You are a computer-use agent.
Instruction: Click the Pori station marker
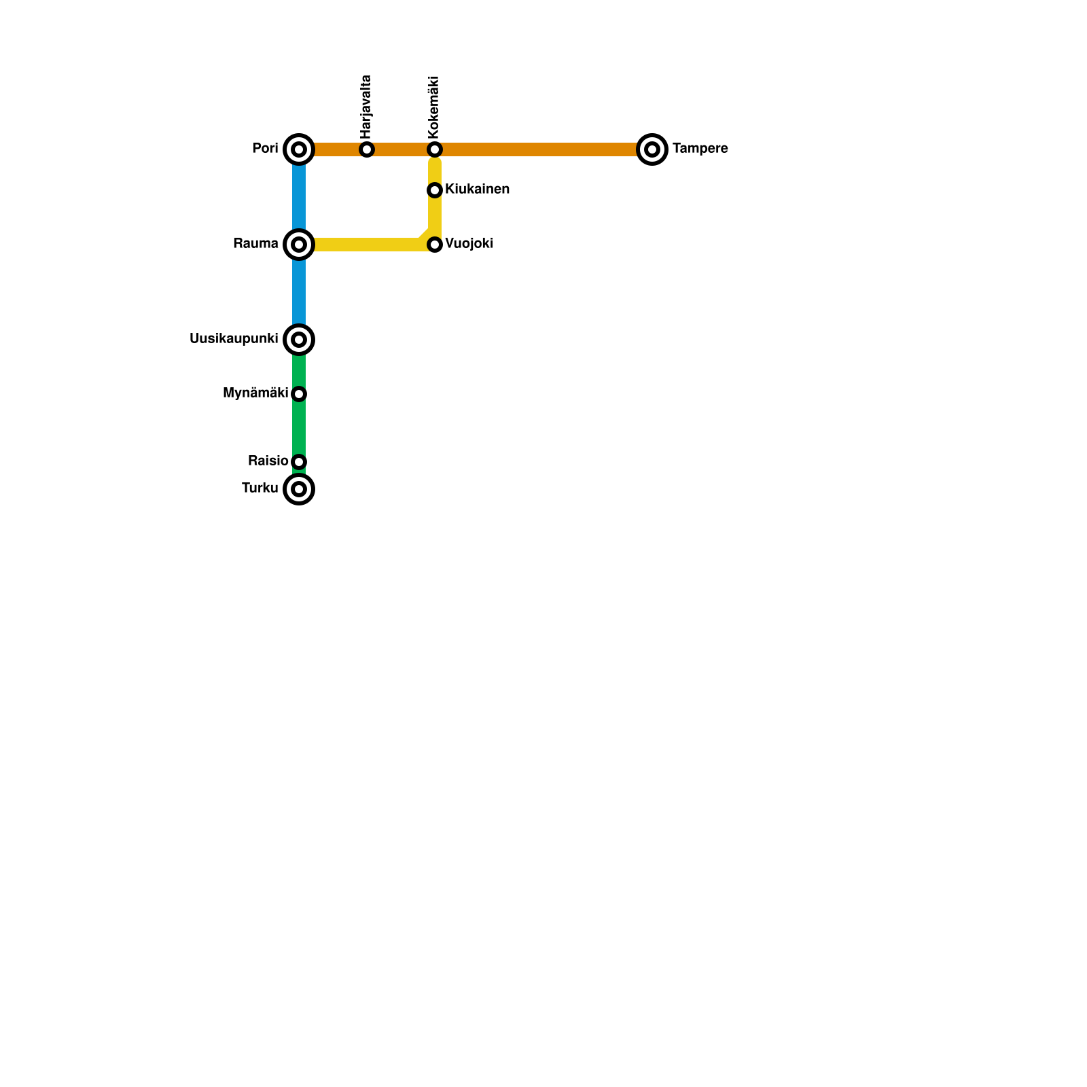point(299,149)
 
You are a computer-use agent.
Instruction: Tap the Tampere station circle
point(652,149)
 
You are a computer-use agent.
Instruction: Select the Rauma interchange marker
point(299,245)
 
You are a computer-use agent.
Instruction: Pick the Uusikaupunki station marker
point(299,340)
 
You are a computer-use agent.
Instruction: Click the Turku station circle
point(299,489)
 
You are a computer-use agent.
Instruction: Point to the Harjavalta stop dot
point(367,149)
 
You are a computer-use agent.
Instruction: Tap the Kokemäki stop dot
point(435,149)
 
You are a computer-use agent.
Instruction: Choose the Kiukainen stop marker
point(435,190)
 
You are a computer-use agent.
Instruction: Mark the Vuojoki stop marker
point(435,245)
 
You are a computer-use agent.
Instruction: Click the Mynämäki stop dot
point(299,394)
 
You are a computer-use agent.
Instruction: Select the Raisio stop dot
point(299,462)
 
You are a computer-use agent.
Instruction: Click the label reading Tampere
point(700,149)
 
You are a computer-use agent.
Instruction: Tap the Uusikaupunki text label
point(234,339)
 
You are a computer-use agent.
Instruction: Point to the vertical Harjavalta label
point(366,105)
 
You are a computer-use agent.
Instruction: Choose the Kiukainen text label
point(477,190)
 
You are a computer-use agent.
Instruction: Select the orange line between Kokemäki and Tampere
point(543,149)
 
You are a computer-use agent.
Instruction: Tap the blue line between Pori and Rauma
point(299,197)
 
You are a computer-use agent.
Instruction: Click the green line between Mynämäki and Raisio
point(299,428)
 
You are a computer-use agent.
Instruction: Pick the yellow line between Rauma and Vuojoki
point(367,245)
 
